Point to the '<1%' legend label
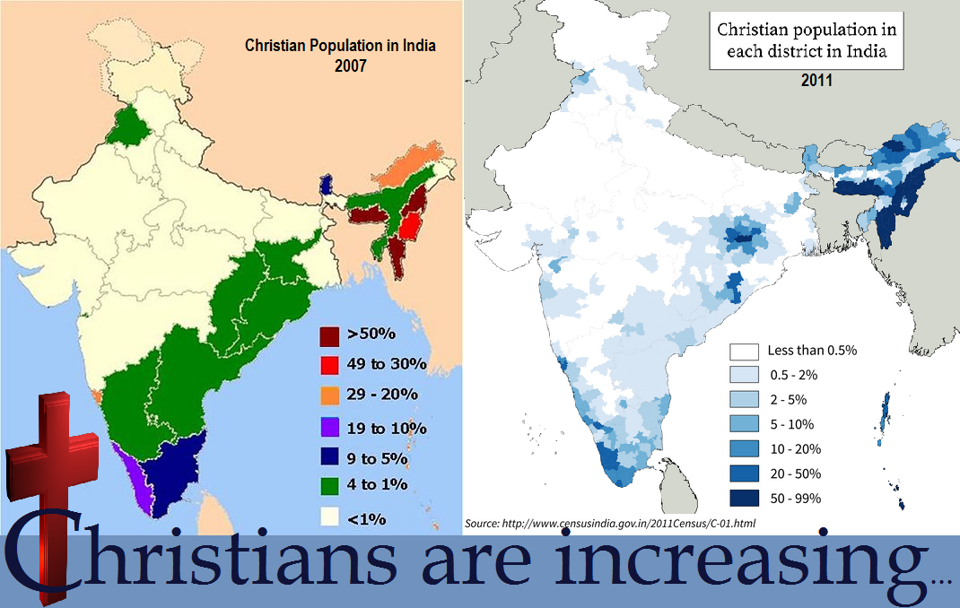pos(368,517)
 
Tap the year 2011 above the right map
pos(816,81)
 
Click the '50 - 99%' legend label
pos(794,498)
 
